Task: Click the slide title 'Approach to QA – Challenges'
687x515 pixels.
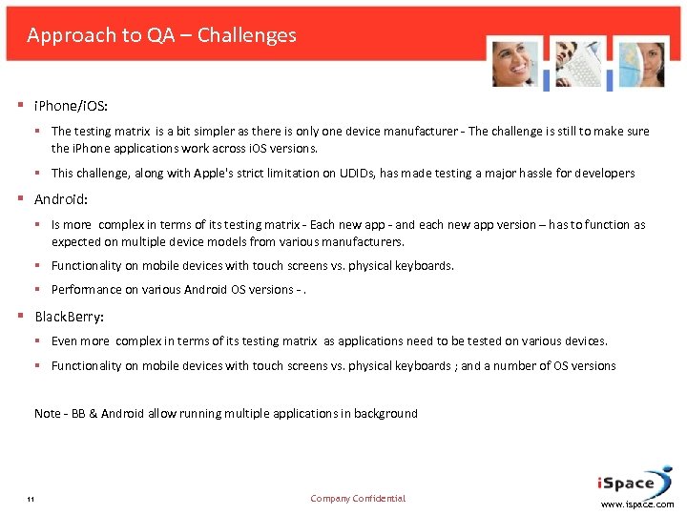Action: coord(161,35)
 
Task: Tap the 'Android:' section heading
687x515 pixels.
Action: coord(61,200)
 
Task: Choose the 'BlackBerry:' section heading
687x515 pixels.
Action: coord(70,317)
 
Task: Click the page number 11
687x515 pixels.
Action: coord(31,500)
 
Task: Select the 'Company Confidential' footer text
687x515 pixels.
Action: coord(358,498)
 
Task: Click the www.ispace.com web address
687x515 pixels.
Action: coord(637,505)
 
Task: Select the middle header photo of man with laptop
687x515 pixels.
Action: coord(577,64)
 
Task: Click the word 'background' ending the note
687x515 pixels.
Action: coord(385,413)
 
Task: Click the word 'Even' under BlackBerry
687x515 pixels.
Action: coord(65,340)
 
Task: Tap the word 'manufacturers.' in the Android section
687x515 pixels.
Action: coord(362,242)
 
